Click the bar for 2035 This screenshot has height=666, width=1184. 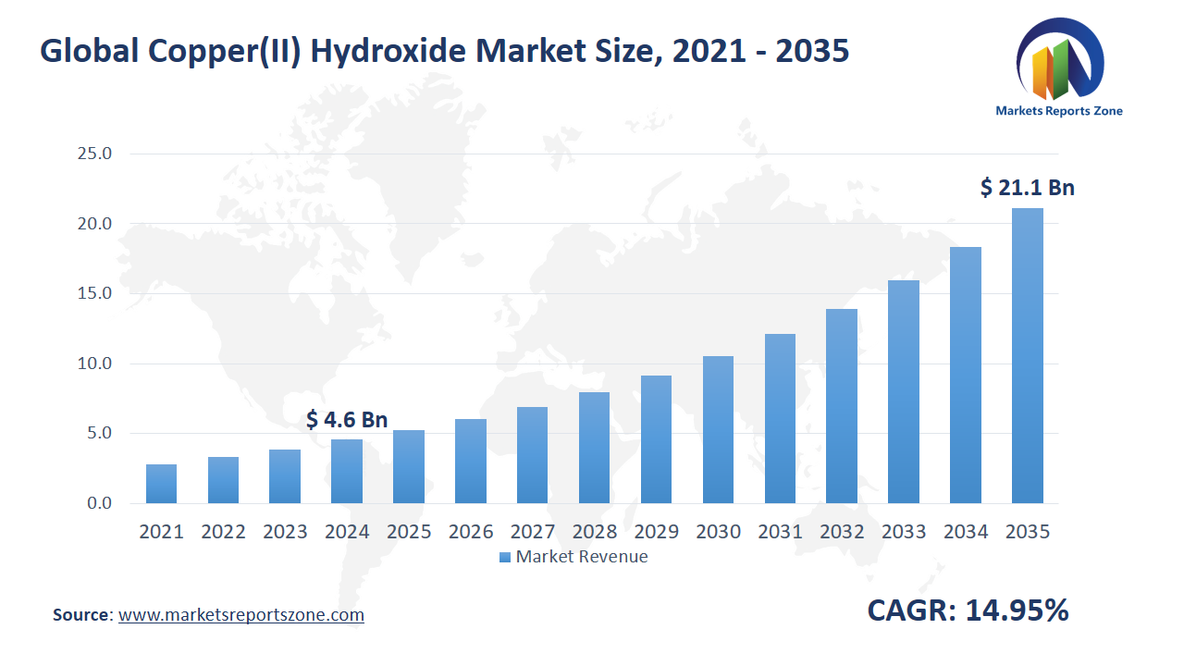tap(1027, 356)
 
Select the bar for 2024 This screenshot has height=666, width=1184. tap(347, 472)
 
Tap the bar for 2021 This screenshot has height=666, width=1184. tap(161, 484)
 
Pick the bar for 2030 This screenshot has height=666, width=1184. tap(718, 430)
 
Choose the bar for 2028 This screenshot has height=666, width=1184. tap(594, 448)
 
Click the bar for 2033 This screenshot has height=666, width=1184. tap(904, 392)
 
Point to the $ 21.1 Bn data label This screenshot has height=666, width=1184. tap(1027, 188)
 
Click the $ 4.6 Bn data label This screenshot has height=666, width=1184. tap(347, 420)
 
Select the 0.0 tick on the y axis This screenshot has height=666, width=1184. tap(98, 503)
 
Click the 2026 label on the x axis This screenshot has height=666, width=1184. tap(471, 532)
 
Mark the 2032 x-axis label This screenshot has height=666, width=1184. tap(842, 532)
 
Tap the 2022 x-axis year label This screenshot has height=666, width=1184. tap(223, 532)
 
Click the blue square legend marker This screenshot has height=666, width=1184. tap(504, 557)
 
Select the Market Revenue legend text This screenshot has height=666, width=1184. tap(582, 557)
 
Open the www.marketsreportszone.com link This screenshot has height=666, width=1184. tap(241, 615)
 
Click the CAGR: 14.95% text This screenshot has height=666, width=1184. tap(968, 610)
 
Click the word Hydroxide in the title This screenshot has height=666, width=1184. tap(388, 52)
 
